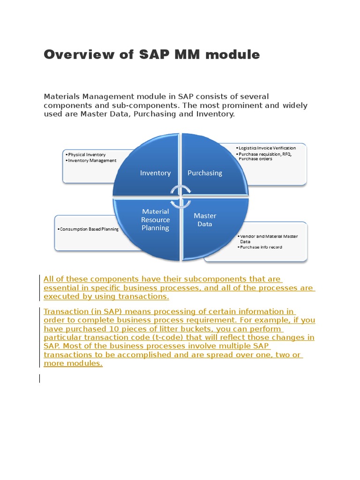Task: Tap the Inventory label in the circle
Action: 155,173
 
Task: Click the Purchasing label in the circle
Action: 205,173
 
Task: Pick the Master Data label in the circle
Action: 205,220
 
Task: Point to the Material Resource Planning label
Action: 155,220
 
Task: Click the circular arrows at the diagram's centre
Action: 180,196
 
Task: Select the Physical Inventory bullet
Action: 86,155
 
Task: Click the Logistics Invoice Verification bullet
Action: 267,148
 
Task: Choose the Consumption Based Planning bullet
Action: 88,229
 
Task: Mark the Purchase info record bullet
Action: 261,247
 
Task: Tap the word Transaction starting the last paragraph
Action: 66,311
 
